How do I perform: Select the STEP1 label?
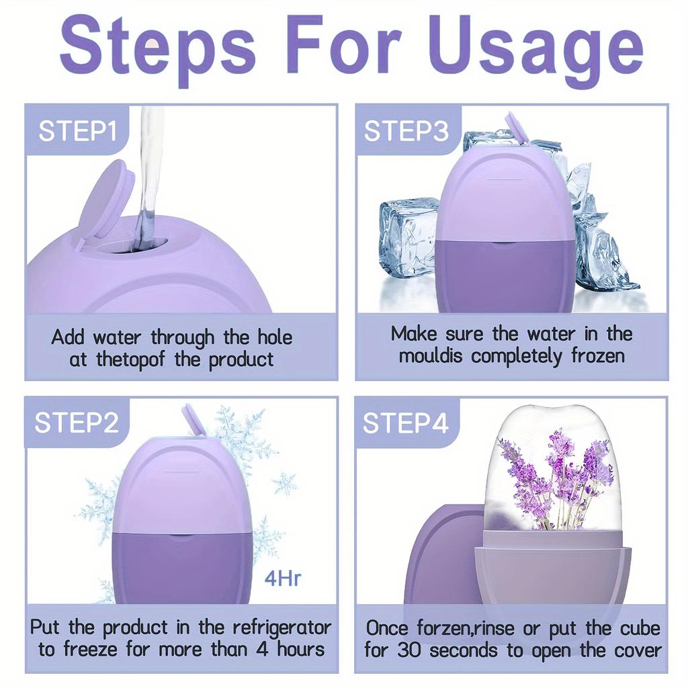78,130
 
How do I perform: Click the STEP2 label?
77,423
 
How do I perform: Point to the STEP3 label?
406,130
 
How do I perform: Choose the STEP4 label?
405,423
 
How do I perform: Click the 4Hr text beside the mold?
283,578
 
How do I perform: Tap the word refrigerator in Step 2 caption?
282,628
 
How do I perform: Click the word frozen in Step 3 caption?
597,355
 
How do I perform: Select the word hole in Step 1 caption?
275,337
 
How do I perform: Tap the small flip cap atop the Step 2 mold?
193,419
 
